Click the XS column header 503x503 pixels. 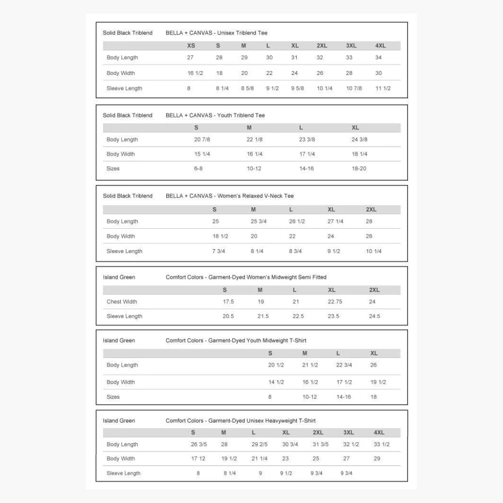tap(191, 46)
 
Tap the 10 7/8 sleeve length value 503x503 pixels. tap(354, 88)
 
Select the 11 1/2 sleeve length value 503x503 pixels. tap(383, 88)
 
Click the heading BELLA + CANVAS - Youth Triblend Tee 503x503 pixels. tap(215, 116)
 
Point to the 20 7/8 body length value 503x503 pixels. tap(202, 140)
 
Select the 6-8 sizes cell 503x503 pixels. tap(198, 169)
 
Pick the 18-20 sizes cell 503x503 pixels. tap(359, 169)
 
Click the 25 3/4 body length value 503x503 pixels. tap(258, 222)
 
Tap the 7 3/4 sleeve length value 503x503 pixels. tap(218, 251)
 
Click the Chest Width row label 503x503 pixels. tap(122, 302)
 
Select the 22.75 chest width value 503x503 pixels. tap(335, 302)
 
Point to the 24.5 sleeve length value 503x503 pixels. tap(374, 316)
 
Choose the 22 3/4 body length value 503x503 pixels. tap(344, 365)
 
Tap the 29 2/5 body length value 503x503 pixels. tap(259, 444)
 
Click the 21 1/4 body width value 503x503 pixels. tap(259, 459)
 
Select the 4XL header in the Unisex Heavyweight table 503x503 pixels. tap(379, 433)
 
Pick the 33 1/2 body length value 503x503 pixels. tap(381, 444)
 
